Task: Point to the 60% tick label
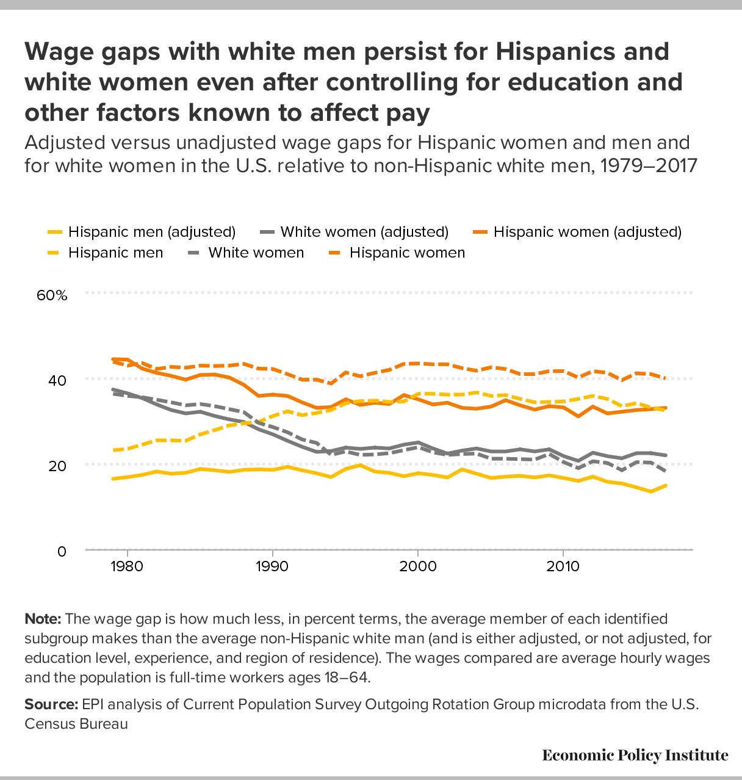[x=52, y=295]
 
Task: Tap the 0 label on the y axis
[x=62, y=551]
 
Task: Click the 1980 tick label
[x=127, y=566]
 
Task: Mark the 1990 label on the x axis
[x=272, y=566]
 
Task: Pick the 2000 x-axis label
[x=418, y=566]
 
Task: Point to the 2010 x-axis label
[x=563, y=566]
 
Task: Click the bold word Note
[x=42, y=619]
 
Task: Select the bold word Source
[x=51, y=704]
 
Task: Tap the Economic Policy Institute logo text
[x=635, y=756]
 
